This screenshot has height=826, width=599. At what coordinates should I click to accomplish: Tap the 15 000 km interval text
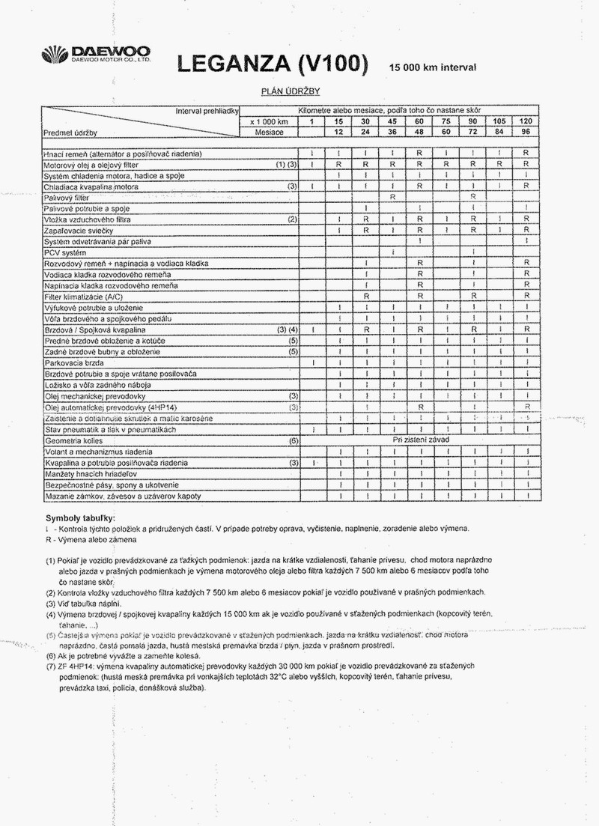pyautogui.click(x=432, y=67)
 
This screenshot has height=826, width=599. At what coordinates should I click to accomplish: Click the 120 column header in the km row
pyautogui.click(x=527, y=121)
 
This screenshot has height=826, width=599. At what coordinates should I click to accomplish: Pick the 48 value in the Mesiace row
pyautogui.click(x=420, y=132)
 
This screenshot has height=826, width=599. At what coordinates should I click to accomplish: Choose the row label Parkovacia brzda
pyautogui.click(x=73, y=362)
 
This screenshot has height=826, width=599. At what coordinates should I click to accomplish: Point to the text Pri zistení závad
pyautogui.click(x=421, y=440)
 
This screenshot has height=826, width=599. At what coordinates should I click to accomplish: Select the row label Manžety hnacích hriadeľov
pyautogui.click(x=95, y=474)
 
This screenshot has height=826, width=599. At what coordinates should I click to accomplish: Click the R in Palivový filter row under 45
pyautogui.click(x=392, y=196)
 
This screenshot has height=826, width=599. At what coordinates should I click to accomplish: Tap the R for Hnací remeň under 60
pyautogui.click(x=420, y=153)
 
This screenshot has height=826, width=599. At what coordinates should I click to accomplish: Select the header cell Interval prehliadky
pyautogui.click(x=205, y=111)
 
